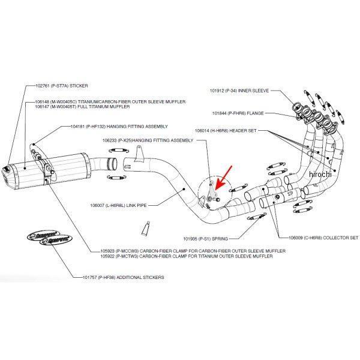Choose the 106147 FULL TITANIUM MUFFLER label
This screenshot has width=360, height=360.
pos(88,107)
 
